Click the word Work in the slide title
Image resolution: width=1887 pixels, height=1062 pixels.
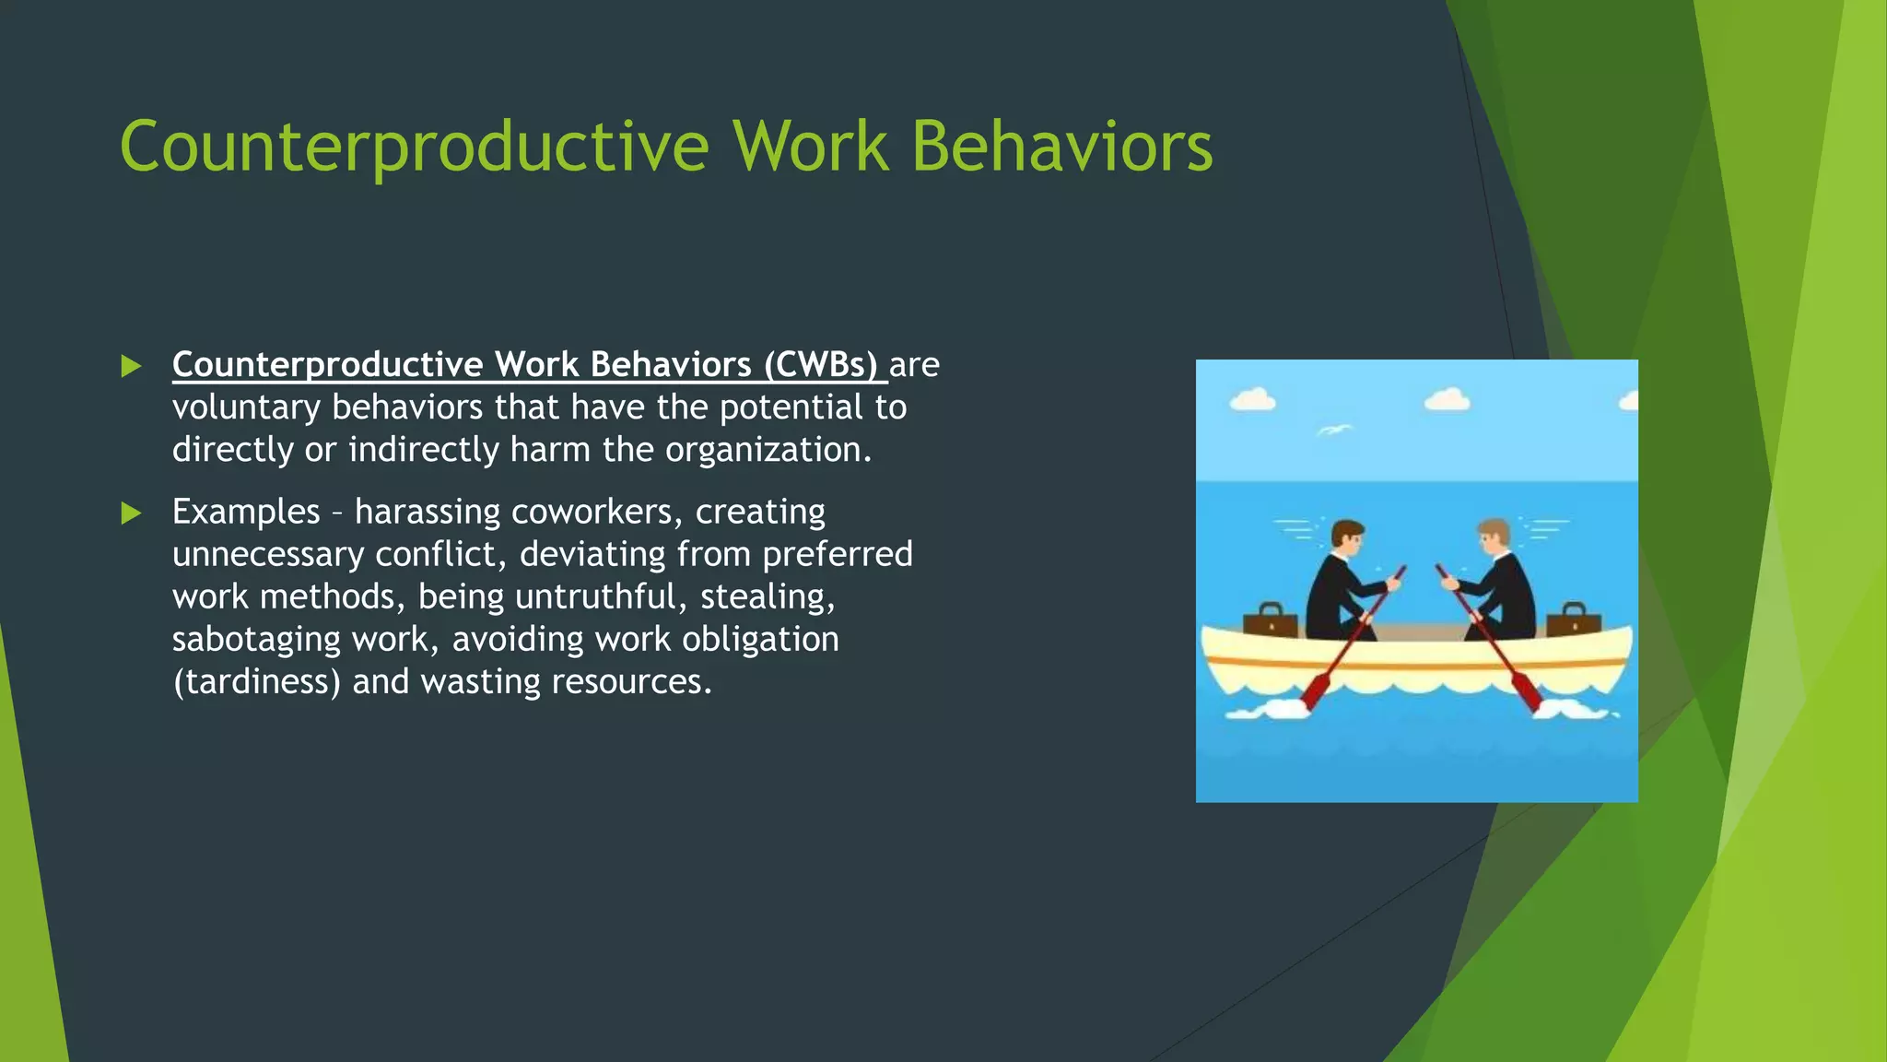point(811,147)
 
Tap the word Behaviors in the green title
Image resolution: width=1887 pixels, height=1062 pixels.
point(1062,147)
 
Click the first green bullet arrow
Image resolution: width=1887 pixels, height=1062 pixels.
point(131,366)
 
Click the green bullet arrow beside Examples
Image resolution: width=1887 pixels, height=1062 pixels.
point(131,513)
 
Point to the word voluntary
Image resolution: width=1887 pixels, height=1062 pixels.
point(246,407)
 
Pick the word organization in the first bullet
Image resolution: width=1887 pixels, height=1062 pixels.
point(768,450)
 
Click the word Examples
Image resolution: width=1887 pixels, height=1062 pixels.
point(246,513)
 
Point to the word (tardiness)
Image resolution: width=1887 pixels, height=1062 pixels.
point(257,681)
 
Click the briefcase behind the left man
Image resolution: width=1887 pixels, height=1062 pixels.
point(1271,620)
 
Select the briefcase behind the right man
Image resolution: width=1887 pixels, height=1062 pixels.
point(1574,620)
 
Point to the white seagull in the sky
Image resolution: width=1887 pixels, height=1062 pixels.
point(1333,430)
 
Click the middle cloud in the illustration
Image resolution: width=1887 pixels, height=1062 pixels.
point(1447,400)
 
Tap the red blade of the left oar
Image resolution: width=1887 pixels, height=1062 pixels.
point(1316,691)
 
